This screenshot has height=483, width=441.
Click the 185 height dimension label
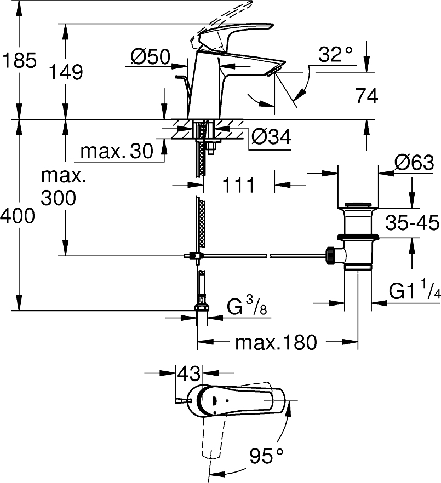19,60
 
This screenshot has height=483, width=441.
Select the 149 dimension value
65,72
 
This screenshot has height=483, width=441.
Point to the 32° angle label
335,55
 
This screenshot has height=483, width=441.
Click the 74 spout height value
366,96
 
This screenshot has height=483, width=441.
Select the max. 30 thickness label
117,152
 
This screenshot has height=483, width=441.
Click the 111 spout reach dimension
239,185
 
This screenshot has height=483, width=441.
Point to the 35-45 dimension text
413,223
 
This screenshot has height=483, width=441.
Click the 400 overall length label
18,217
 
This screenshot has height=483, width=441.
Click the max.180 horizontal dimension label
276,343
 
